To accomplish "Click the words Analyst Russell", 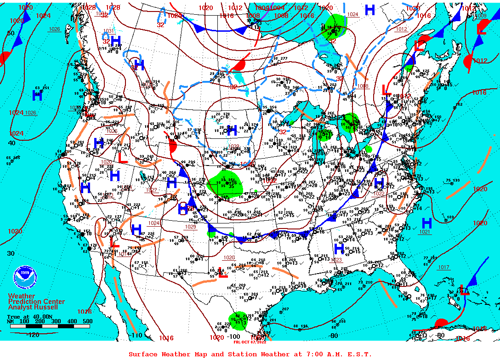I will [x=33, y=307].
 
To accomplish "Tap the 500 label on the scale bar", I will [x=87, y=321].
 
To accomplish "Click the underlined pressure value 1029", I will [x=190, y=227].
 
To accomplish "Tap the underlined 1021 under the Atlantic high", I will [x=425, y=232].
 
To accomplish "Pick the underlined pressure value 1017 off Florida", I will [x=443, y=267].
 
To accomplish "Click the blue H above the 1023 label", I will [x=339, y=250].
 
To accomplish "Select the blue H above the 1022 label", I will [x=379, y=183].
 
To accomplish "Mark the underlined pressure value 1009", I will [x=481, y=16].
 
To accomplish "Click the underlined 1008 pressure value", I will [x=363, y=86].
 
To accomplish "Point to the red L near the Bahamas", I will [x=465, y=291].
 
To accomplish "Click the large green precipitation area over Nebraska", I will [x=223, y=185].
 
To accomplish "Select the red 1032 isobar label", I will [x=269, y=181].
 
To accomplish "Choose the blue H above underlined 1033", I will [x=232, y=131].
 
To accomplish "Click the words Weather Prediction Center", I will [x=36, y=299].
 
